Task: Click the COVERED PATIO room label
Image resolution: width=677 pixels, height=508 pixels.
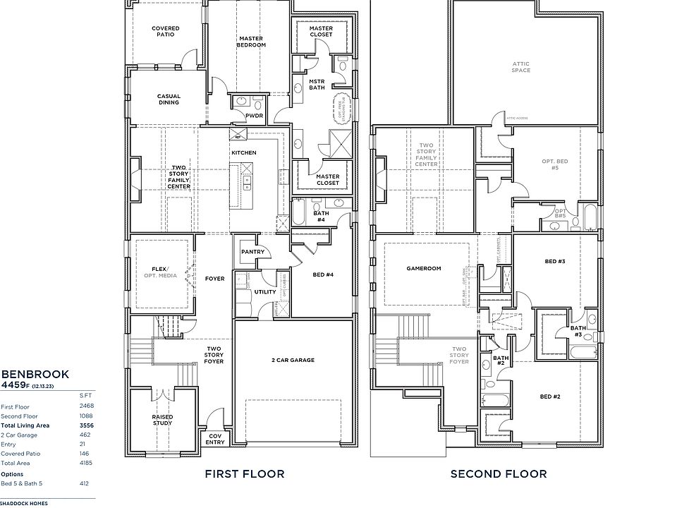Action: [165, 31]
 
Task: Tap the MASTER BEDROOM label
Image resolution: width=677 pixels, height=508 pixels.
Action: [252, 42]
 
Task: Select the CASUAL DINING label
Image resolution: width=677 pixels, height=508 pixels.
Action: [169, 99]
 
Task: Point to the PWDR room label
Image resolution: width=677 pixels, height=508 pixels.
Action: [254, 116]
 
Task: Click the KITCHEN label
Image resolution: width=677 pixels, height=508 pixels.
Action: [244, 152]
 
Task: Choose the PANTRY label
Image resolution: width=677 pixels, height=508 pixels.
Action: [252, 250]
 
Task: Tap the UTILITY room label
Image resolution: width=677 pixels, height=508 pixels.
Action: [265, 291]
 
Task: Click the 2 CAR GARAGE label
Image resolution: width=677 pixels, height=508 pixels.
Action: [293, 360]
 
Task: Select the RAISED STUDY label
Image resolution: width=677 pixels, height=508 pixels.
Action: [163, 421]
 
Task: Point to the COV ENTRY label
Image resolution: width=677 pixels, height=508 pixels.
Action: [216, 439]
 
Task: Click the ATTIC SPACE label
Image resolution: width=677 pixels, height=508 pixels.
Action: [521, 67]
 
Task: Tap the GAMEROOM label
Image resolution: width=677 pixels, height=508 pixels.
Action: [423, 269]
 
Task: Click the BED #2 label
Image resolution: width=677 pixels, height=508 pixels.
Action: [550, 397]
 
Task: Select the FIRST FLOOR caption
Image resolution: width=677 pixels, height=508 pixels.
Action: [245, 474]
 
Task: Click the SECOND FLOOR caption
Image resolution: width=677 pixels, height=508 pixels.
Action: [498, 474]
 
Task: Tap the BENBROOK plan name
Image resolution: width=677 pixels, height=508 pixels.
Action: [35, 374]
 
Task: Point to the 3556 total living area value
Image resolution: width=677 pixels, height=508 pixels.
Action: [87, 425]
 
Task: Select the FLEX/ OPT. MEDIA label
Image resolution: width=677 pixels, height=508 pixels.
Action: [163, 272]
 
